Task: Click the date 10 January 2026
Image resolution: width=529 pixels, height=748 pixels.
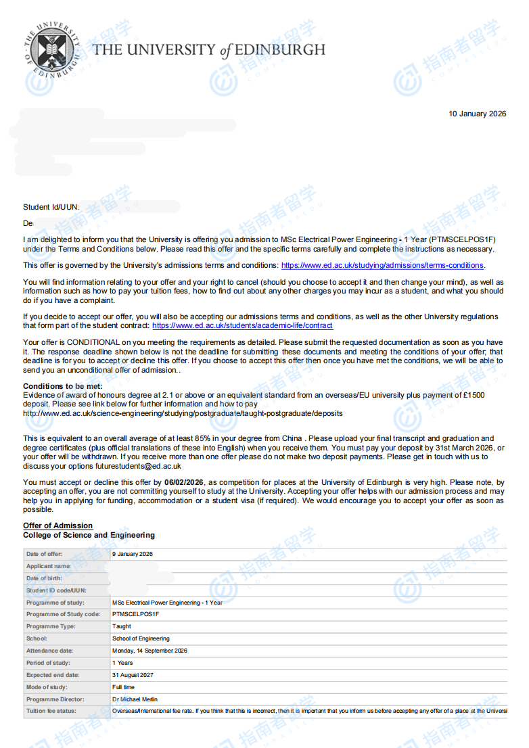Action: pyautogui.click(x=477, y=114)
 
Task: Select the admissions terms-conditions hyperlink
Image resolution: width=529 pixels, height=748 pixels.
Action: pyautogui.click(x=382, y=265)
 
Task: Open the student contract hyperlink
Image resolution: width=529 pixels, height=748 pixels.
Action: pyautogui.click(x=242, y=325)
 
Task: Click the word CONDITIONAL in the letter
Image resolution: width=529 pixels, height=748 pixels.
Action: pyautogui.click(x=87, y=342)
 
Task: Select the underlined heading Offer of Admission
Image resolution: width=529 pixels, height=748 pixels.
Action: pyautogui.click(x=57, y=525)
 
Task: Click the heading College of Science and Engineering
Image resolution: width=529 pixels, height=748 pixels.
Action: pyautogui.click(x=89, y=535)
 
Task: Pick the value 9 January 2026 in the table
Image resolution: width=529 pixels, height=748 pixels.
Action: pyautogui.click(x=133, y=554)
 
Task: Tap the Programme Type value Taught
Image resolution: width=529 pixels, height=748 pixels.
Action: pyautogui.click(x=122, y=626)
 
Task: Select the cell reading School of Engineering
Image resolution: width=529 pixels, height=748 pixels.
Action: pyautogui.click(x=141, y=638)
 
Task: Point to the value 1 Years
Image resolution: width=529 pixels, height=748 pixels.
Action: pyautogui.click(x=122, y=663)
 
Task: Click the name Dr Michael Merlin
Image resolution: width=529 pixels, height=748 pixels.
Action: pyautogui.click(x=135, y=699)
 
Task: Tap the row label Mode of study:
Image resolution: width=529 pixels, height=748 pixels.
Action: pyautogui.click(x=47, y=687)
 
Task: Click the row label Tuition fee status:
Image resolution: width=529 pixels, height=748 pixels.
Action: pyautogui.click(x=51, y=711)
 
